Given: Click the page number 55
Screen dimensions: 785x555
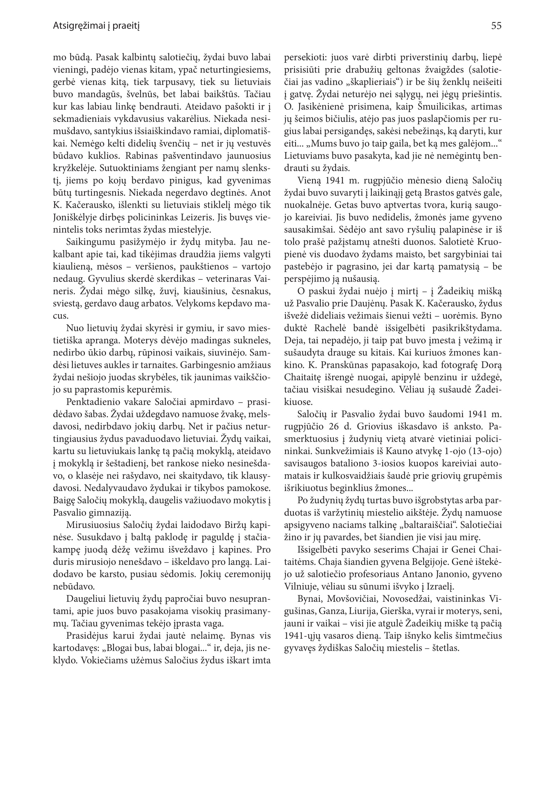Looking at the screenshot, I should (x=496, y=26).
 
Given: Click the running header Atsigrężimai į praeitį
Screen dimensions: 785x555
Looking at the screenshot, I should (x=96, y=26).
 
